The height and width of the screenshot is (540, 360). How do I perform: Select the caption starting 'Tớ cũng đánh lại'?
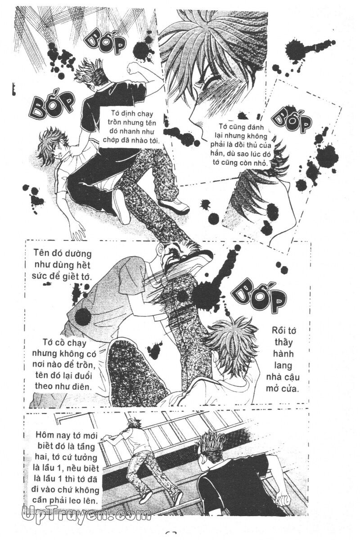(x=239, y=145)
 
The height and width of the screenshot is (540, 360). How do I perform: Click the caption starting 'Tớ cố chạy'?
(x=65, y=364)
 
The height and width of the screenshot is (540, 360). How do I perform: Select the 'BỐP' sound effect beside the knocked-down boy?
(x=52, y=104)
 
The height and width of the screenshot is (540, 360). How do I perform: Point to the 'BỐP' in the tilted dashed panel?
(x=292, y=119)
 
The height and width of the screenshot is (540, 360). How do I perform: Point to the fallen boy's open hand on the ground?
(x=78, y=229)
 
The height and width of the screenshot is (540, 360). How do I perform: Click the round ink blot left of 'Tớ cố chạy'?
(x=83, y=315)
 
